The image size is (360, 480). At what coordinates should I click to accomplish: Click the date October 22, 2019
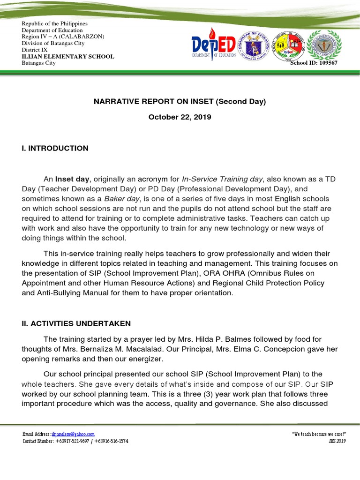click(x=180, y=117)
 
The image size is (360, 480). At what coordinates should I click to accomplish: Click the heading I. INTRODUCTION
click(x=55, y=148)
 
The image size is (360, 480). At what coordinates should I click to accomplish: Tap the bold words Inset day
click(x=72, y=179)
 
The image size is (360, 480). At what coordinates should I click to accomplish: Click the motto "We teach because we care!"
click(x=318, y=435)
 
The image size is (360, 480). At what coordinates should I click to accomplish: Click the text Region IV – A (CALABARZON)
click(x=63, y=37)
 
